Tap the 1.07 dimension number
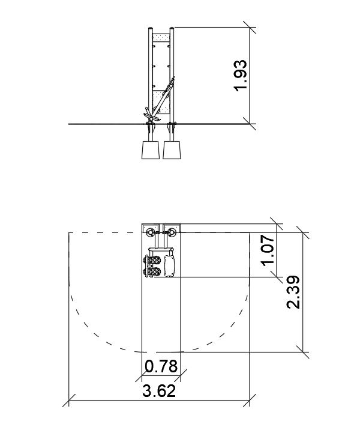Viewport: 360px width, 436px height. [x=269, y=250]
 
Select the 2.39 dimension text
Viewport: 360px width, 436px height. [x=293, y=292]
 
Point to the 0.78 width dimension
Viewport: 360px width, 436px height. [x=161, y=366]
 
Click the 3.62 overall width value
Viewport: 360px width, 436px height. [x=159, y=391]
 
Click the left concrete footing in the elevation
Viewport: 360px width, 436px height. [x=150, y=150]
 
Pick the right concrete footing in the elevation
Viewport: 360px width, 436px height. [x=172, y=150]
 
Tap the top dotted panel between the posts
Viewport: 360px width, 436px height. [x=161, y=38]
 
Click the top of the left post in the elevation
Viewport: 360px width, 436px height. [x=151, y=28]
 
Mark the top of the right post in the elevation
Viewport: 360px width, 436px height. [x=172, y=28]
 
